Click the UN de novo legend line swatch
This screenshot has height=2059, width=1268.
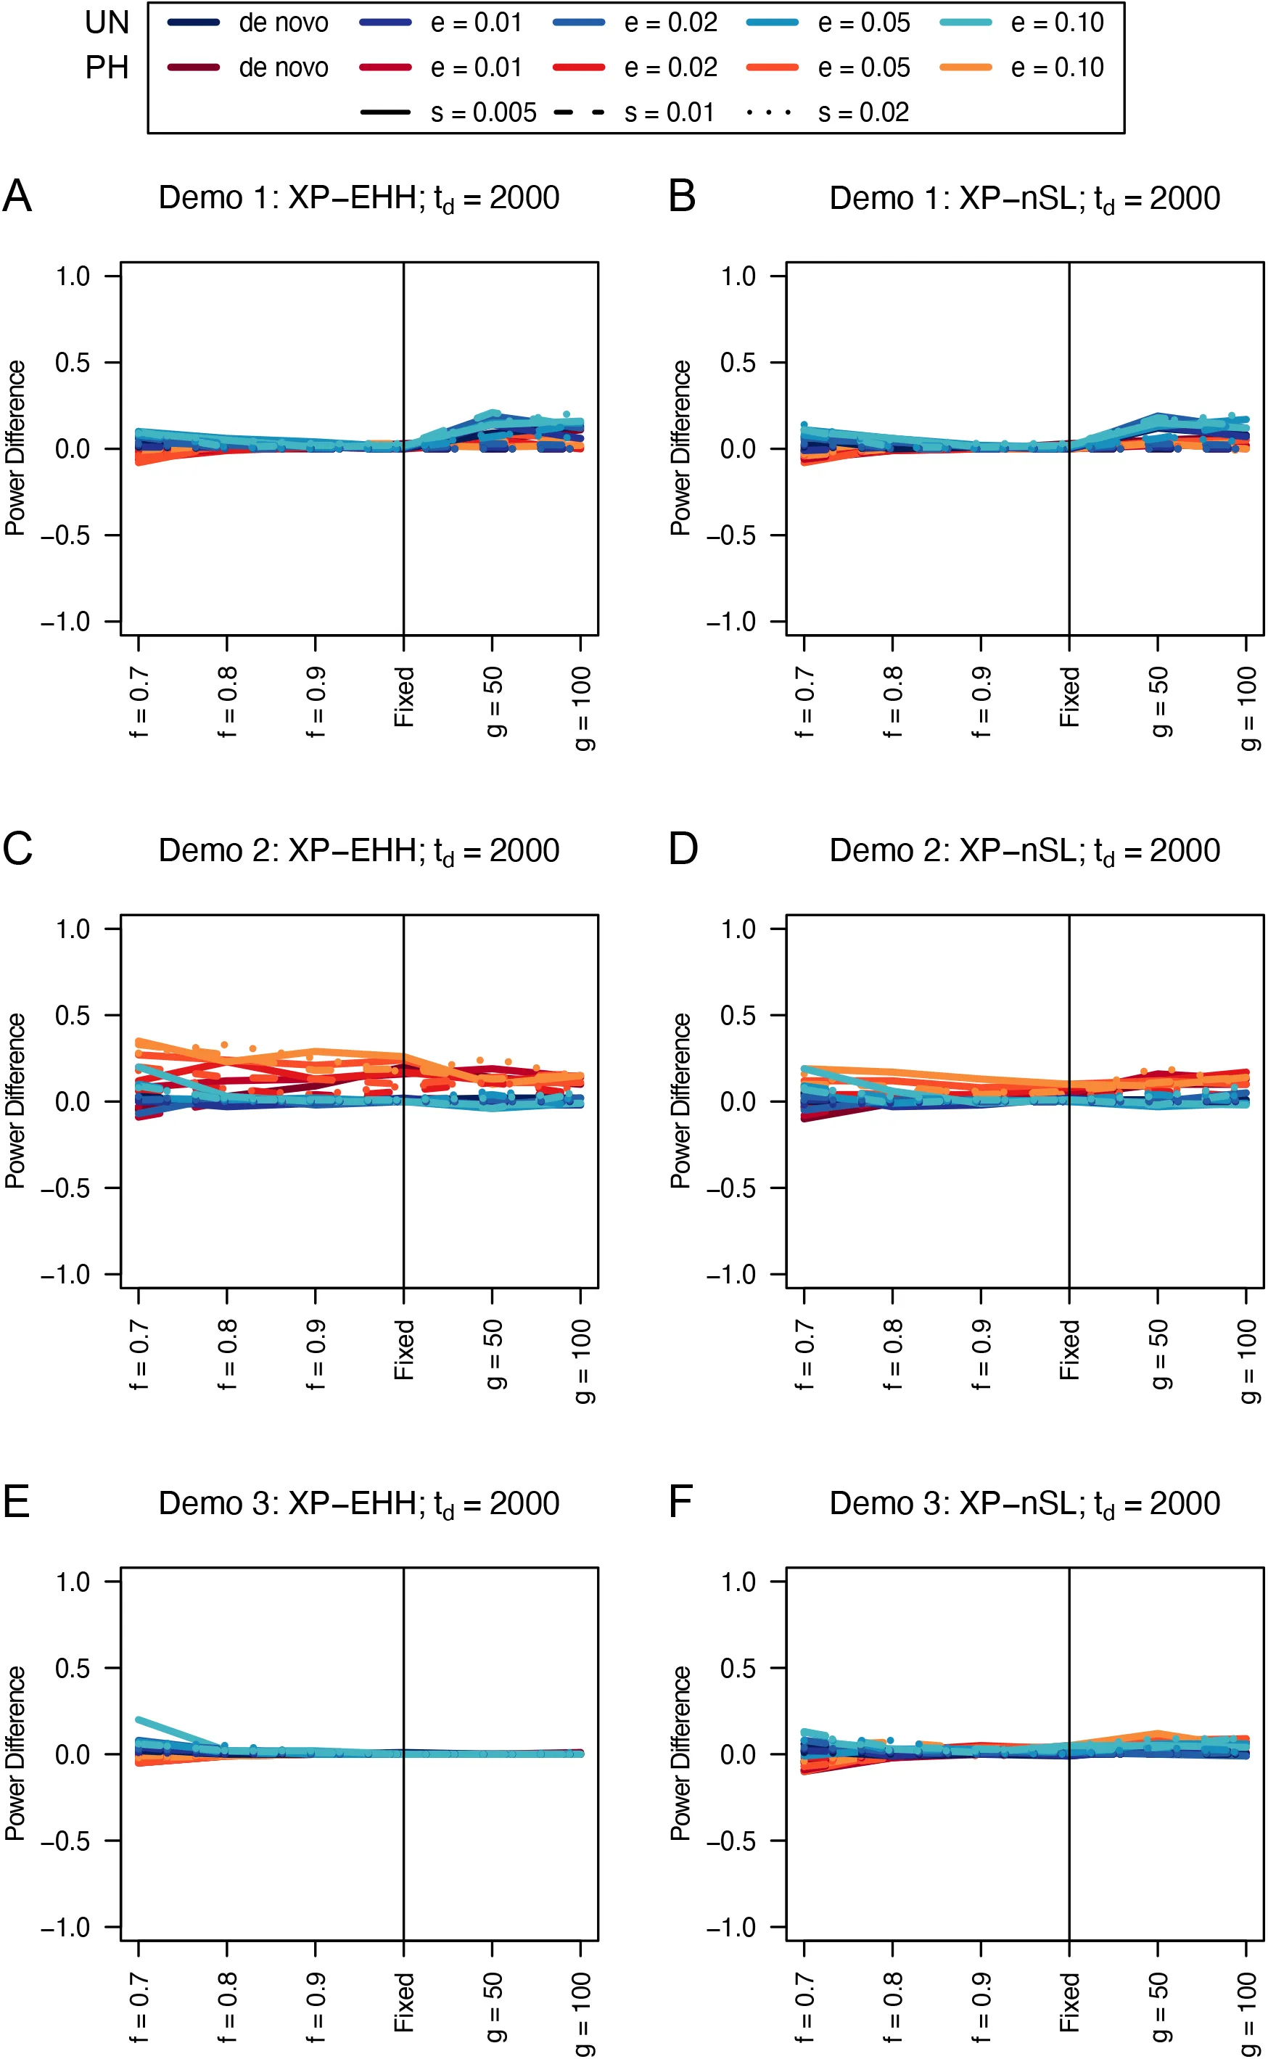(193, 22)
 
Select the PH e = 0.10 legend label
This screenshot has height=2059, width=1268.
(1057, 68)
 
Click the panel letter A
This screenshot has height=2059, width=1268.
(17, 197)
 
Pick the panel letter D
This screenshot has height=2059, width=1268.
(683, 850)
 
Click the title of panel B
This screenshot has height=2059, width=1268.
(1024, 199)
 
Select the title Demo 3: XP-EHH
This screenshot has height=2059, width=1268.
(358, 1504)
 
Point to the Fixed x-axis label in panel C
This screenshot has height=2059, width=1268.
(404, 1349)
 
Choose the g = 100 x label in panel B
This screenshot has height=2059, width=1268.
(1247, 709)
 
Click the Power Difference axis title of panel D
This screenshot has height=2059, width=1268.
(680, 1101)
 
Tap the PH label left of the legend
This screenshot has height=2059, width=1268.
(107, 68)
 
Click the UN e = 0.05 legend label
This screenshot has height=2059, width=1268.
(863, 22)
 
